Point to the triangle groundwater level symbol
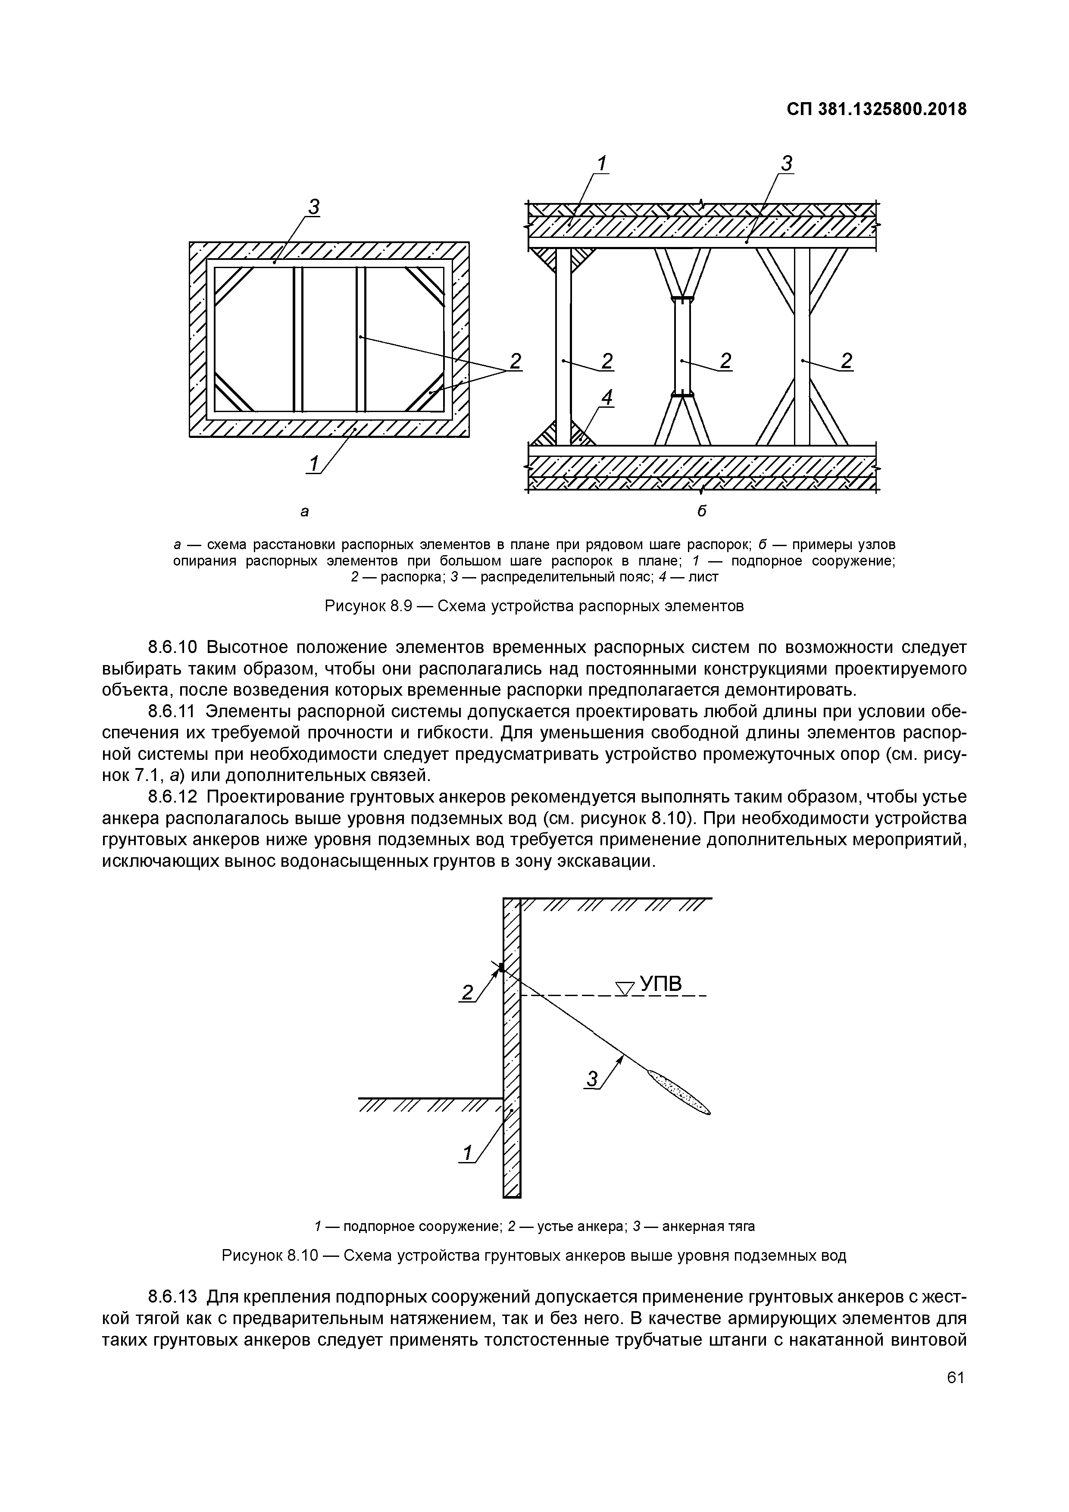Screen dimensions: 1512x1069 (x=624, y=988)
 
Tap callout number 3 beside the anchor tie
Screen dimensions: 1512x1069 (x=592, y=1079)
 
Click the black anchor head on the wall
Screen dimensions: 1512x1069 (x=502, y=967)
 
